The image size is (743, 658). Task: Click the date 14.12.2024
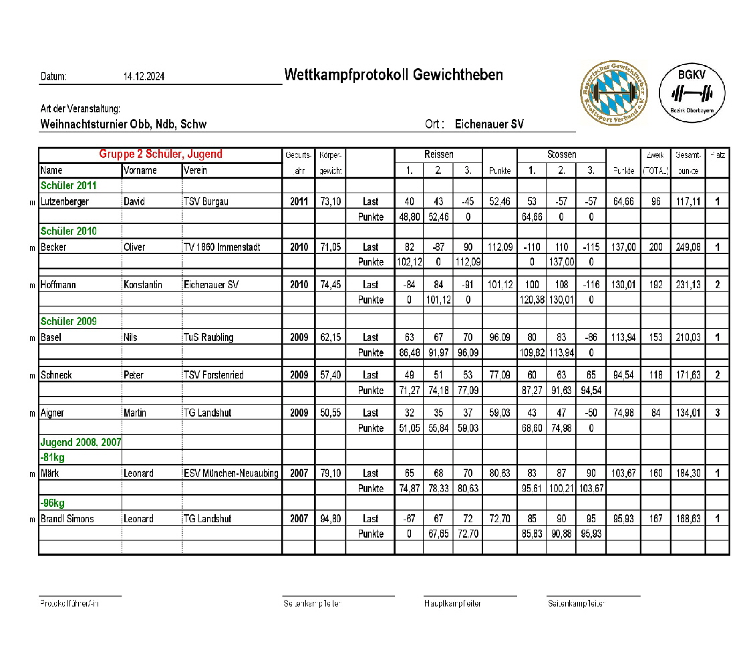point(144,77)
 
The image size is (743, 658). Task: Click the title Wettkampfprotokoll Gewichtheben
point(394,74)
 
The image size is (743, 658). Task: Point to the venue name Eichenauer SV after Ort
point(489,124)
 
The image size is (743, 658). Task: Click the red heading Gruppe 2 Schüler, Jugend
point(160,154)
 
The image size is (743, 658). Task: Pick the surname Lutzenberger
point(65,201)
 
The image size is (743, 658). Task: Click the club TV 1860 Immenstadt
point(222,247)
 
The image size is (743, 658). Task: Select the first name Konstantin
point(142,285)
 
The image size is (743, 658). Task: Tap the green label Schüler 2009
point(69,322)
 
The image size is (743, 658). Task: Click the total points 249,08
point(687,247)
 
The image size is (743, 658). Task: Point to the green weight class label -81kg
point(52,458)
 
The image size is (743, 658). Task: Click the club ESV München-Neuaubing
point(231,473)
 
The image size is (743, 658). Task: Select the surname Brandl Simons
point(67,519)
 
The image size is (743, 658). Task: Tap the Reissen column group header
point(438,154)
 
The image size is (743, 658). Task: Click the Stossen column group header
point(561,154)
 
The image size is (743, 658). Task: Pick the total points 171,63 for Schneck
point(687,375)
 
